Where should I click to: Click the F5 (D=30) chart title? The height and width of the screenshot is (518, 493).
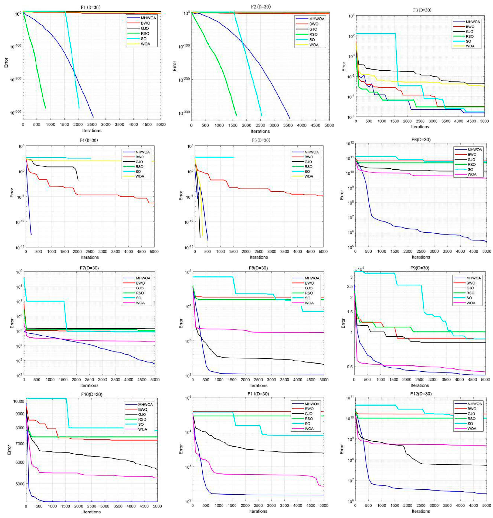tap(259, 141)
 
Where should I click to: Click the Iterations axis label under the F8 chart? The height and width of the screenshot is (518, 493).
tap(258, 385)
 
